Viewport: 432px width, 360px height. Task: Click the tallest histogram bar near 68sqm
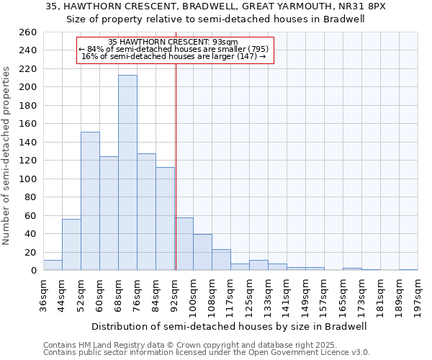127,173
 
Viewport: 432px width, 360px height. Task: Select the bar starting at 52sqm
90,201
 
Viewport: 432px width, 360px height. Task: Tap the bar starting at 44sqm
71,245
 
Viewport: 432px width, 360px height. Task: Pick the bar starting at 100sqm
202,252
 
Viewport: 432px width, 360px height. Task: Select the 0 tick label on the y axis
33,271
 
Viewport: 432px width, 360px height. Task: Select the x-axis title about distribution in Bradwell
230,326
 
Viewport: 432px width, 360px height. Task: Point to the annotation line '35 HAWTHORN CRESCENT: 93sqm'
177,42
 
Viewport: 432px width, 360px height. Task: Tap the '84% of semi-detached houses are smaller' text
174,49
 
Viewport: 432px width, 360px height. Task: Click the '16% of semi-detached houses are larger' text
174,56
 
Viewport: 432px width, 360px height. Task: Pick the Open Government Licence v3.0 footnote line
207,352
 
